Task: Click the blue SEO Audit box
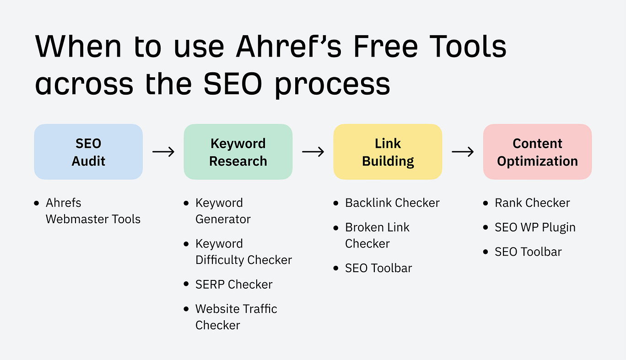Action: click(88, 152)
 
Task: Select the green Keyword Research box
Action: click(238, 152)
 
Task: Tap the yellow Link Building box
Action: click(388, 152)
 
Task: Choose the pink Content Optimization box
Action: click(537, 152)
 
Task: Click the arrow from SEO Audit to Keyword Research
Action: click(163, 152)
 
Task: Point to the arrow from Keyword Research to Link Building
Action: click(313, 152)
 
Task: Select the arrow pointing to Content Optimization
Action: click(463, 152)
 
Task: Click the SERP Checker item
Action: click(234, 284)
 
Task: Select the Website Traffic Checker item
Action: click(236, 317)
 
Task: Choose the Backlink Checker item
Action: click(392, 203)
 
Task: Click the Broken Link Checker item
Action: click(377, 235)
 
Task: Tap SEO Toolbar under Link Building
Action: click(378, 268)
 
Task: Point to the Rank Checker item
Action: click(532, 203)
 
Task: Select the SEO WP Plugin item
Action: click(535, 227)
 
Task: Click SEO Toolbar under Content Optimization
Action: click(528, 252)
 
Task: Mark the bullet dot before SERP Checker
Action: click(186, 284)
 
